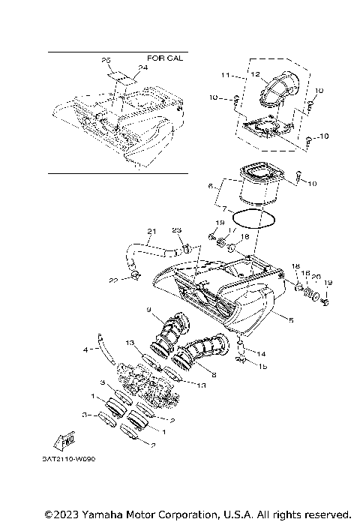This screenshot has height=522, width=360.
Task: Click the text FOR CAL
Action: [x=165, y=58]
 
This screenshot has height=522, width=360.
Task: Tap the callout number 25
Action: [x=105, y=59]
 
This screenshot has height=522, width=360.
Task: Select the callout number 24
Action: [x=133, y=67]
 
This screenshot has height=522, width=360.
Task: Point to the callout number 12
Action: [x=255, y=74]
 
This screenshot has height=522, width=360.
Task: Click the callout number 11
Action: [x=224, y=75]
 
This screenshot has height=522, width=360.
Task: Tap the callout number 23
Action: [x=177, y=230]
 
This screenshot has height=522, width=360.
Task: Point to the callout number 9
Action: [x=149, y=310]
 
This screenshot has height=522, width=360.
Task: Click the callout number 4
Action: [x=85, y=349]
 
